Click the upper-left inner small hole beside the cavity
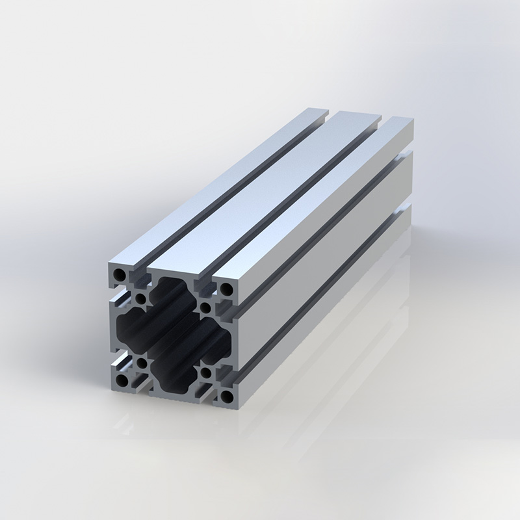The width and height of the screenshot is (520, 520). point(141,300)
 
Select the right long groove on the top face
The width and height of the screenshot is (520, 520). point(305,201)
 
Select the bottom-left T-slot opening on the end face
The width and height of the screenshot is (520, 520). point(140,383)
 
